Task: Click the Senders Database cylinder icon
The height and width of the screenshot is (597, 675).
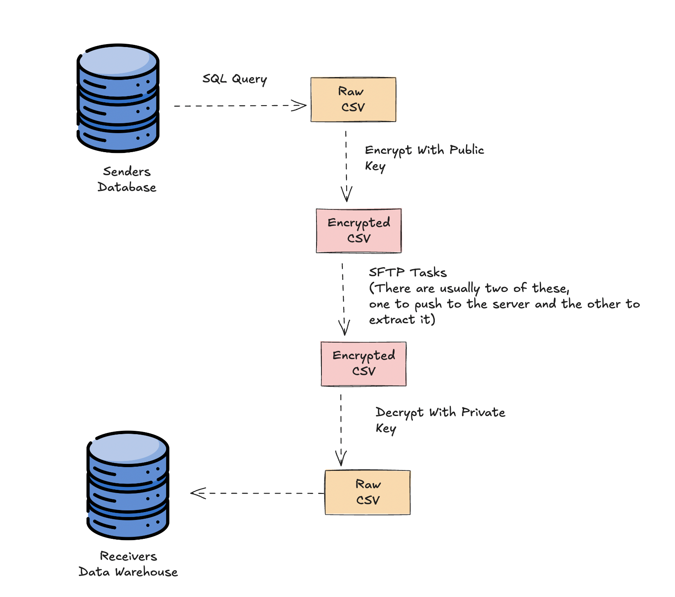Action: (118, 98)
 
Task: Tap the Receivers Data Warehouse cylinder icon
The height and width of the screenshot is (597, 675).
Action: (128, 485)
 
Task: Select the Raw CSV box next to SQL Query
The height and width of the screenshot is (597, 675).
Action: (353, 99)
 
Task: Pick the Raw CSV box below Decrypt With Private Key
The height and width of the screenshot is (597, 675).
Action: (368, 492)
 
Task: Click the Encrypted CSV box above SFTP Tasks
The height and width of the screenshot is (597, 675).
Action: (359, 230)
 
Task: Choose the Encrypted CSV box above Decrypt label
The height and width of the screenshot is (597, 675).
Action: (363, 364)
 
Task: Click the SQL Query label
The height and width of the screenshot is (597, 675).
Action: (234, 79)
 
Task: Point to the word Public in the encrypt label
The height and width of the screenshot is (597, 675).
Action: (466, 150)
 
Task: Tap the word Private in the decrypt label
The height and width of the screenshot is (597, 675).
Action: (483, 412)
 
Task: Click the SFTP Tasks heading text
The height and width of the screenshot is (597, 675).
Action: (408, 273)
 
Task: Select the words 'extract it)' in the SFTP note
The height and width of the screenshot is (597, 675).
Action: (402, 320)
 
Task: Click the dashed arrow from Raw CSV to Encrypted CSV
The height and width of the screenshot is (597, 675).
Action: (346, 165)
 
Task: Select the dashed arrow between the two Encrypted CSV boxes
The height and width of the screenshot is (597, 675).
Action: (343, 297)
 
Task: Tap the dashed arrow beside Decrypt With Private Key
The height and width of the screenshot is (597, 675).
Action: (341, 429)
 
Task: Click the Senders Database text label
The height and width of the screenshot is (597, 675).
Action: (127, 179)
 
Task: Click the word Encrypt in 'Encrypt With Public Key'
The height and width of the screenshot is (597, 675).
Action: (388, 150)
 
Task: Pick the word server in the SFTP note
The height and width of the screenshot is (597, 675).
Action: (511, 304)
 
